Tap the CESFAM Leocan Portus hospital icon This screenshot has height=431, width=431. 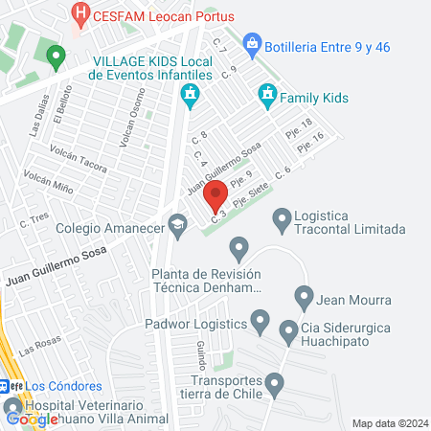pyautogui.click(x=81, y=14)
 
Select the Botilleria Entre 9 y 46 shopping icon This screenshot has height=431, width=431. pyautogui.click(x=252, y=42)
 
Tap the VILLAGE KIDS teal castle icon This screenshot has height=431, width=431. pyautogui.click(x=190, y=94)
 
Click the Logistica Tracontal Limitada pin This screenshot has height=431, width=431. pyautogui.click(x=282, y=221)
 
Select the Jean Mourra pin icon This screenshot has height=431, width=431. pyautogui.click(x=304, y=297)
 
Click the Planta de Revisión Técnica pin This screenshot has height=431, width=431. pyautogui.click(x=238, y=252)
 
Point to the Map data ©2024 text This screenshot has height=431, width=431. pyautogui.click(x=388, y=422)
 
